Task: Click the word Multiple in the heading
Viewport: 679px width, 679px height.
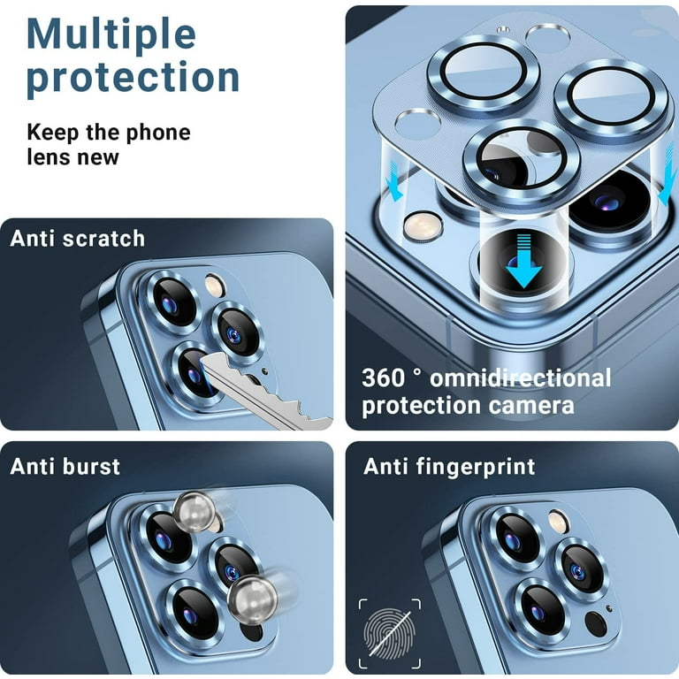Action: pyautogui.click(x=111, y=34)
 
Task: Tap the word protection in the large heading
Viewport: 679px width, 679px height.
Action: pyautogui.click(x=133, y=78)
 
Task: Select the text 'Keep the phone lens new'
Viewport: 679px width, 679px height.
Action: pyautogui.click(x=109, y=144)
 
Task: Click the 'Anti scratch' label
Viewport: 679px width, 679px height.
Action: pyautogui.click(x=78, y=239)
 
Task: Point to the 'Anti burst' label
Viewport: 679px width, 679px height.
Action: pyautogui.click(x=65, y=467)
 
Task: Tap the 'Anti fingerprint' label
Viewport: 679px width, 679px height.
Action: pyautogui.click(x=449, y=467)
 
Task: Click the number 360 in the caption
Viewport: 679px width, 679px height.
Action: pyautogui.click(x=383, y=378)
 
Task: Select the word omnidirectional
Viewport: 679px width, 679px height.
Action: pyautogui.click(x=521, y=378)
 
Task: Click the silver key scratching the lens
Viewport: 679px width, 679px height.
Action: pyautogui.click(x=264, y=390)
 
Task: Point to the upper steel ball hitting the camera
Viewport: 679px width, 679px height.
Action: pyautogui.click(x=195, y=511)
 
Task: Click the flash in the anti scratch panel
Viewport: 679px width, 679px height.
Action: pyautogui.click(x=215, y=285)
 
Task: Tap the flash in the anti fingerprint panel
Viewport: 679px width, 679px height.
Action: pyautogui.click(x=559, y=521)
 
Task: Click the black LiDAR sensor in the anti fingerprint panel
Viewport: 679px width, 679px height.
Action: pyautogui.click(x=596, y=623)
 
